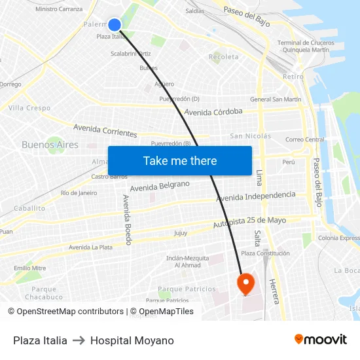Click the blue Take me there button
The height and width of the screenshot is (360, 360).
coord(180,160)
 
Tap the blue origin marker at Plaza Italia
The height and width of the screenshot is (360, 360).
coord(115,25)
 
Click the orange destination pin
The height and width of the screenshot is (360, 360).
coord(245,284)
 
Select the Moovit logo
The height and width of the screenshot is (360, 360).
coord(320,340)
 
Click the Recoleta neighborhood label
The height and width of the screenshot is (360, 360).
coord(224,57)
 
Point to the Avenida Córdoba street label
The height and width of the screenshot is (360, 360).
coord(213,112)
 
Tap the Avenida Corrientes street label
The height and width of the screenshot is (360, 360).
coord(105,130)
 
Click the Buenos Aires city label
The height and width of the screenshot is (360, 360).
coord(50,145)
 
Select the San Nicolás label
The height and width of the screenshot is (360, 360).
coord(250,136)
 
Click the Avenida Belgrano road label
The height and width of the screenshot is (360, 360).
coord(160,187)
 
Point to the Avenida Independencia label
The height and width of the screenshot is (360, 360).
coord(256,196)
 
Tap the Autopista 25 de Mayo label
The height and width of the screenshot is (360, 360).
coord(250,223)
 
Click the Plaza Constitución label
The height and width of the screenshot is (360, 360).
coord(265,253)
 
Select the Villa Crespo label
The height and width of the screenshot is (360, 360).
coord(29,108)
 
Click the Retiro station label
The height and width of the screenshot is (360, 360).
coord(293,77)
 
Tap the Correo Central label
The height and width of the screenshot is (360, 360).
coord(305,139)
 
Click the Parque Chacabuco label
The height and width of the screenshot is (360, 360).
coord(45,293)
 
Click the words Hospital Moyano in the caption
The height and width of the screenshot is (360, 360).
coord(132,340)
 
